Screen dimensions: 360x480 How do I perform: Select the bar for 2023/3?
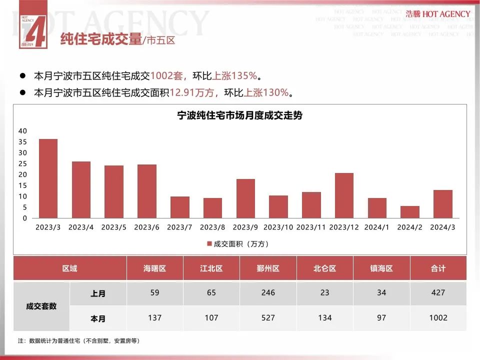48,178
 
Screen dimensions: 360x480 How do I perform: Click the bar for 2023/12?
344,195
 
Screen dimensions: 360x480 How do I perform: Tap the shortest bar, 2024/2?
410,212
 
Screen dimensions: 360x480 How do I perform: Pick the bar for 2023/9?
245,198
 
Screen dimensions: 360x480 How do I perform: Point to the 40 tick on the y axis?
22,131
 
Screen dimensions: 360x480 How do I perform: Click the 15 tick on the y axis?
22,185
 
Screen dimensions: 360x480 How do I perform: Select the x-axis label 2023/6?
146,227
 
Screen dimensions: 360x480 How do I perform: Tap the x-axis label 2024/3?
442,227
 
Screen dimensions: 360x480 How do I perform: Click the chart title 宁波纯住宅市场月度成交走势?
240,115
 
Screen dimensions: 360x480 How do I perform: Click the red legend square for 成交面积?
209,244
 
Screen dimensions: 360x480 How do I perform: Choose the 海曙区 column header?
154,268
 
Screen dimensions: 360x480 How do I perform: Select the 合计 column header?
438,268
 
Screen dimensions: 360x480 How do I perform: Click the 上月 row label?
98,293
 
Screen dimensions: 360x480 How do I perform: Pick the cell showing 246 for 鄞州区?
268,293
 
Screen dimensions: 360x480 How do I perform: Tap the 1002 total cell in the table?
438,318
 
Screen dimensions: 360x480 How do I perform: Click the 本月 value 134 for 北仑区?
325,318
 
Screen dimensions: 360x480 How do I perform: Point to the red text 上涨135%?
235,76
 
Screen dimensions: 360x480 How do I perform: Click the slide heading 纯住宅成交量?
100,39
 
